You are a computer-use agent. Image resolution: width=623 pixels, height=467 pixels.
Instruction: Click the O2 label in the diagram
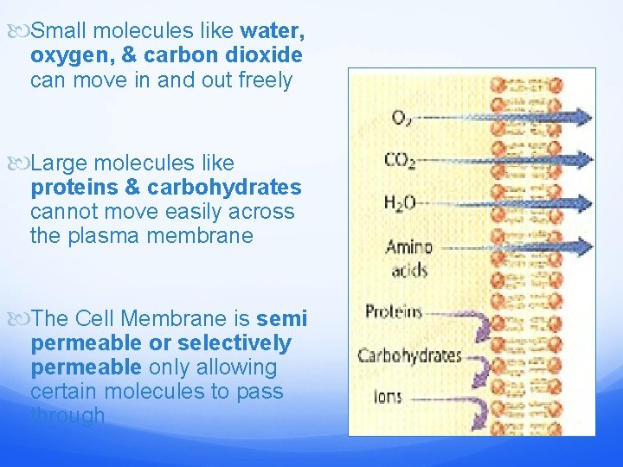(401, 118)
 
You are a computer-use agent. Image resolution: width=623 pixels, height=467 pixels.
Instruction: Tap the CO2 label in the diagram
(400, 160)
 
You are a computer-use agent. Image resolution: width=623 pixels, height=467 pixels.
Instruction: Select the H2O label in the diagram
(401, 203)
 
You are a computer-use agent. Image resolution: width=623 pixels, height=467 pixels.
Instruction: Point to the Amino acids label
(408, 258)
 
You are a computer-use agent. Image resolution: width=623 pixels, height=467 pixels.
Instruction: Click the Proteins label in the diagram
(393, 312)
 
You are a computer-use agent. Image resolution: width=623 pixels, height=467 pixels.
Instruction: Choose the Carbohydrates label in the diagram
(409, 355)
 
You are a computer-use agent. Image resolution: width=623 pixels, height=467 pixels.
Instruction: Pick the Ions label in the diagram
(388, 397)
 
